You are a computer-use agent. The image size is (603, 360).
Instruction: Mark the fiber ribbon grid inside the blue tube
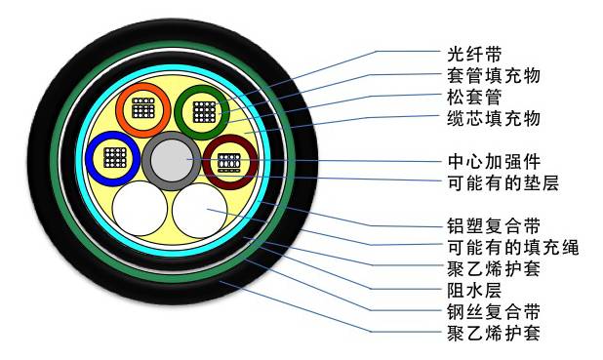112,158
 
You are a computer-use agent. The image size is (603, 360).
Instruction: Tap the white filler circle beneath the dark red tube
201,209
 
